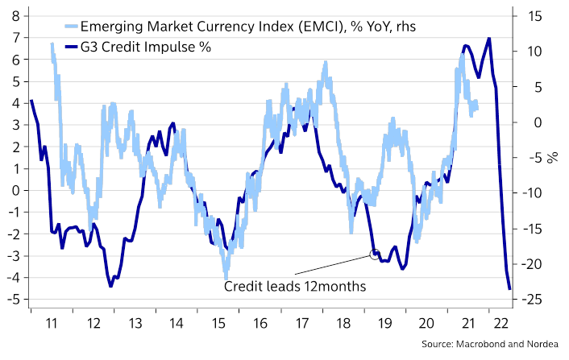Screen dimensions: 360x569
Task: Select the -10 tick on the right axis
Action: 530,193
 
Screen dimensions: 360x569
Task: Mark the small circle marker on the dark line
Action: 374,254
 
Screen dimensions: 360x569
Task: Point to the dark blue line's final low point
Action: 509,288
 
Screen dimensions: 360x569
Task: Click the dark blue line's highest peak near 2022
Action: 489,38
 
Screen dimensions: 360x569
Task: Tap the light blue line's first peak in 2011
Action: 52,43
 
